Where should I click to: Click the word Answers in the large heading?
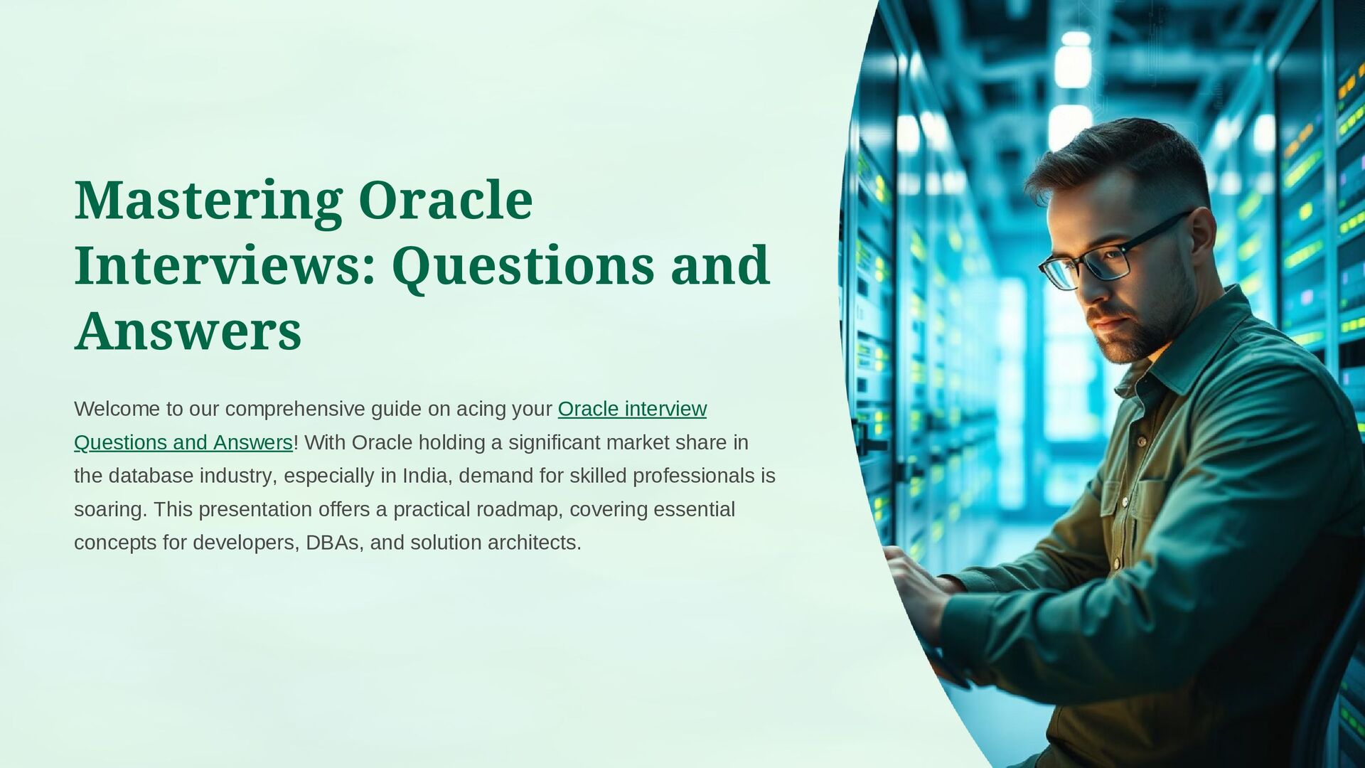[188, 331]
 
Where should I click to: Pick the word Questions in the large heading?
[523, 265]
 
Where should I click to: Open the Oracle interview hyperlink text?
[632, 409]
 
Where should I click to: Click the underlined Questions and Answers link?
[183, 442]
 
